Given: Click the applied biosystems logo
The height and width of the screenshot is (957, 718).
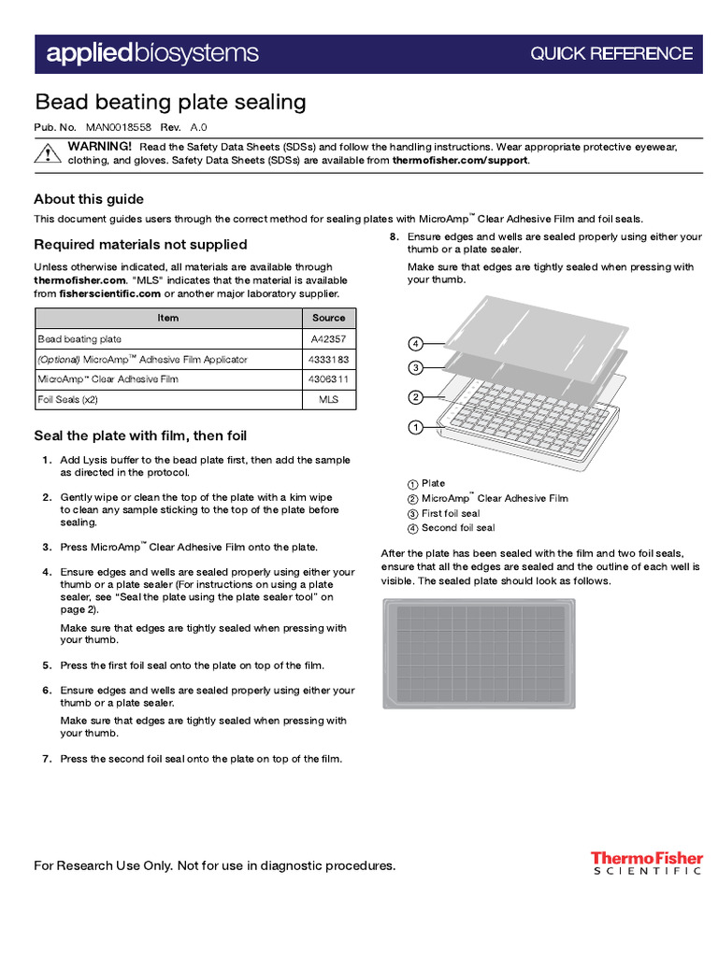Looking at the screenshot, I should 152,53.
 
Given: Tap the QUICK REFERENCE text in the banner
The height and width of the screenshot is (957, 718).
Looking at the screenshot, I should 611,54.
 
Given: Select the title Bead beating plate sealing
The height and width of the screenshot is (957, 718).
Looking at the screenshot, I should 170,102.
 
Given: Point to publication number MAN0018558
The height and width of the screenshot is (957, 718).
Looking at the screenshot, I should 118,127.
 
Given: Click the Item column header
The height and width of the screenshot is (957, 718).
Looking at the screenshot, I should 168,318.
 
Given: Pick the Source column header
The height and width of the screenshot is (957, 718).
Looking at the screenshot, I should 328,318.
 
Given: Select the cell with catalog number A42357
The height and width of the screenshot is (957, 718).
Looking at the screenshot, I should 328,339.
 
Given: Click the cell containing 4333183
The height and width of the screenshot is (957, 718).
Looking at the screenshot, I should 328,360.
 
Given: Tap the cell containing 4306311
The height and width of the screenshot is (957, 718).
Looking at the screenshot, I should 328,379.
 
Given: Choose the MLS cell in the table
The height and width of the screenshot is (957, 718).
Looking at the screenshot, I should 328,400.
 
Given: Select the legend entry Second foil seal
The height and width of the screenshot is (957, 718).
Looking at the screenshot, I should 452,528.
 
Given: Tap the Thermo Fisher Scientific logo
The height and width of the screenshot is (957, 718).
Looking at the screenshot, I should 645,863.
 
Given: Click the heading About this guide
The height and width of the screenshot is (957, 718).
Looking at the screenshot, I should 89,199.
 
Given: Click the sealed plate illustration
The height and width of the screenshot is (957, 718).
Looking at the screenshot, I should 479,653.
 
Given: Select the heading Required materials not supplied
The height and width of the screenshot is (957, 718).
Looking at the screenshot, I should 140,245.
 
